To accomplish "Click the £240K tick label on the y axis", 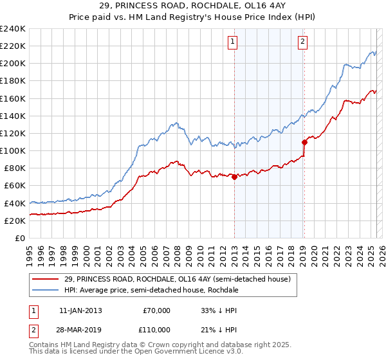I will tap(13, 29).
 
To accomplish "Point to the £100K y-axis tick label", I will tap(13, 150).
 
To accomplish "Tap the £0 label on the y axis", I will tap(21, 238).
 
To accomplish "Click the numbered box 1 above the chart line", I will tap(232, 42).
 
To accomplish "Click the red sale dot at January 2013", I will tap(234, 177).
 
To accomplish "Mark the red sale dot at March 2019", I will tap(304, 142).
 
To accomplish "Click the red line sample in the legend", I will tap(45, 280).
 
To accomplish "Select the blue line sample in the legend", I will tap(45, 291).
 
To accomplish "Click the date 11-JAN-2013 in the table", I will tap(80, 310).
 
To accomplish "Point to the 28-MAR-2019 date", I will tap(80, 329).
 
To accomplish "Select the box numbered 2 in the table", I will tap(33, 329).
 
